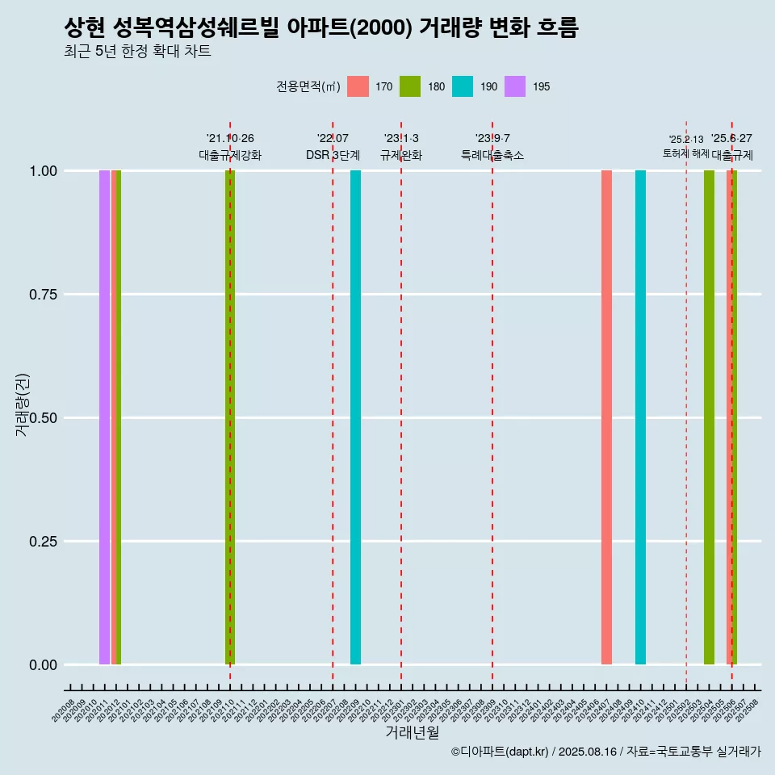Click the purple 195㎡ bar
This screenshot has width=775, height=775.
pyautogui.click(x=104, y=417)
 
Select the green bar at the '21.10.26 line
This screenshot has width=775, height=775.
pyautogui.click(x=230, y=417)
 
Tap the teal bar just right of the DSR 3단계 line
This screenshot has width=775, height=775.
pyautogui.click(x=355, y=417)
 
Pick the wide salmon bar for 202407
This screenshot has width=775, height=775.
pyautogui.click(x=606, y=417)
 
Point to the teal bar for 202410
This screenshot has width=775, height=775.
pyautogui.click(x=640, y=417)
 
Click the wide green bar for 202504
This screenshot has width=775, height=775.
pyautogui.click(x=709, y=417)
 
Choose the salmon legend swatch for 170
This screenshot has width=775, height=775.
pyautogui.click(x=358, y=86)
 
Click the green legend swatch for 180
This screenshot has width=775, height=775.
pyautogui.click(x=410, y=86)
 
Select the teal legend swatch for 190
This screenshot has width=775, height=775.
pyautogui.click(x=463, y=86)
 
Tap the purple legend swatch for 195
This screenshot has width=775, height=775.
pyautogui.click(x=515, y=86)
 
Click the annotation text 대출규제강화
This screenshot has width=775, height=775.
pyautogui.click(x=230, y=155)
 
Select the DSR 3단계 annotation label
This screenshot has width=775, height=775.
pyautogui.click(x=333, y=155)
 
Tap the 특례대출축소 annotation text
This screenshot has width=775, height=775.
pyautogui.click(x=492, y=155)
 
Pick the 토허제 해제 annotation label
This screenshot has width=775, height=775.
pyautogui.click(x=685, y=153)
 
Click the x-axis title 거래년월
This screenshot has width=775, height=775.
pyautogui.click(x=413, y=732)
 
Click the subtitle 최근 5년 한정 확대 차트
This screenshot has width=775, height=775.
pyautogui.click(x=137, y=52)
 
